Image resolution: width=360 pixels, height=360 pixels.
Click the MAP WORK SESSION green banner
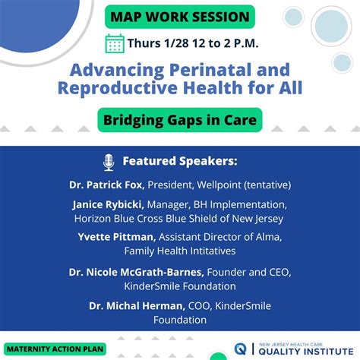click(181, 16)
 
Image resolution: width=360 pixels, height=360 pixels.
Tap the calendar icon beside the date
click(115, 43)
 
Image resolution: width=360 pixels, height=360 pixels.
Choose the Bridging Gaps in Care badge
click(181, 118)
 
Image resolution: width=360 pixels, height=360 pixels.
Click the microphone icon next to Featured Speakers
click(109, 161)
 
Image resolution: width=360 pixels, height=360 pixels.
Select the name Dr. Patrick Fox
click(105, 184)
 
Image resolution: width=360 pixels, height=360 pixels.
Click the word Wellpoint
click(223, 184)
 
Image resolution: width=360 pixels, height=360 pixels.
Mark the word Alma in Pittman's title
click(270, 237)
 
